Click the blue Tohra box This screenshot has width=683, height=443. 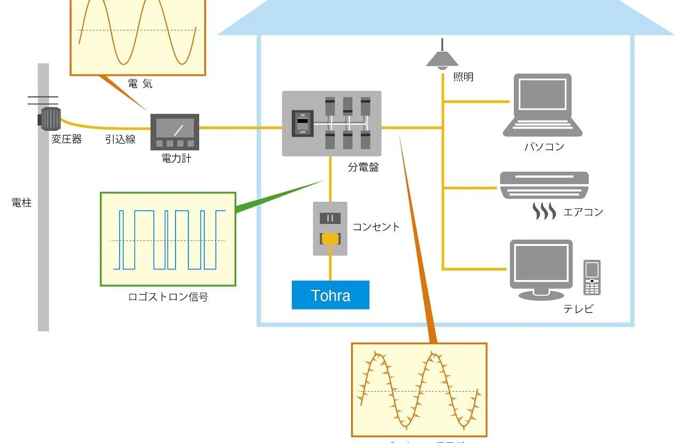tap(330, 295)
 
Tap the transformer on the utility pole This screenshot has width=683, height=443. tap(51, 118)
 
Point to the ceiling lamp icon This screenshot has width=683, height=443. tap(442, 58)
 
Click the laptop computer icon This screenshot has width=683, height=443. tap(542, 106)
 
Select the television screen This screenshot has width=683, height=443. tap(541, 264)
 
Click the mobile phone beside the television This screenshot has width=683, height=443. tap(592, 278)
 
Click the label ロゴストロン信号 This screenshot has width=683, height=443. tap(168, 297)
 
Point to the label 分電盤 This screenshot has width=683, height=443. tap(363, 167)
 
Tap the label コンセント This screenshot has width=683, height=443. tap(376, 227)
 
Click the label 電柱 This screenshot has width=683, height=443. tap(21, 203)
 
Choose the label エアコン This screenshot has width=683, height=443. tap(583, 212)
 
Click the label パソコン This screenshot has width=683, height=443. tap(544, 147)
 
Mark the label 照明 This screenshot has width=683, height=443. tap(463, 77)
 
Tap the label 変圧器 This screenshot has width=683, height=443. tap(67, 140)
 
